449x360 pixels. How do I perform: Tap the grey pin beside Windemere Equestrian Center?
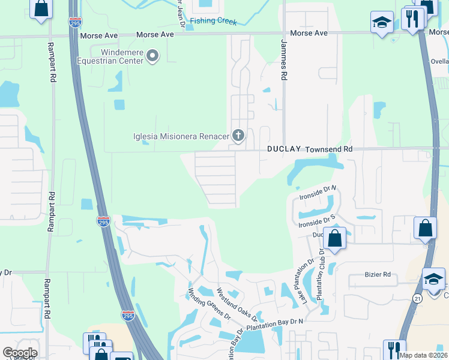pyautogui.click(x=153, y=56)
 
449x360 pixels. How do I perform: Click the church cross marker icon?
pyautogui.click(x=238, y=136)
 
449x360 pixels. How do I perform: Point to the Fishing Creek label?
pyautogui.click(x=214, y=21)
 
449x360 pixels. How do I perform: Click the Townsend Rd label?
pyautogui.click(x=328, y=149)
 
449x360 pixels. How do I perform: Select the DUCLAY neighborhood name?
pyautogui.click(x=284, y=149)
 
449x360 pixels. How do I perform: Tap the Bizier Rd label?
pyautogui.click(x=378, y=275)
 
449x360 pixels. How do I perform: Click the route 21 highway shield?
pyautogui.click(x=417, y=298)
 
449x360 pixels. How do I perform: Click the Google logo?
pyautogui.click(x=20, y=353)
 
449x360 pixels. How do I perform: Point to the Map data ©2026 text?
pyautogui.click(x=423, y=355)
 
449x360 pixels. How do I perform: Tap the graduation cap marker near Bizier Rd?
pyautogui.click(x=434, y=279)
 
